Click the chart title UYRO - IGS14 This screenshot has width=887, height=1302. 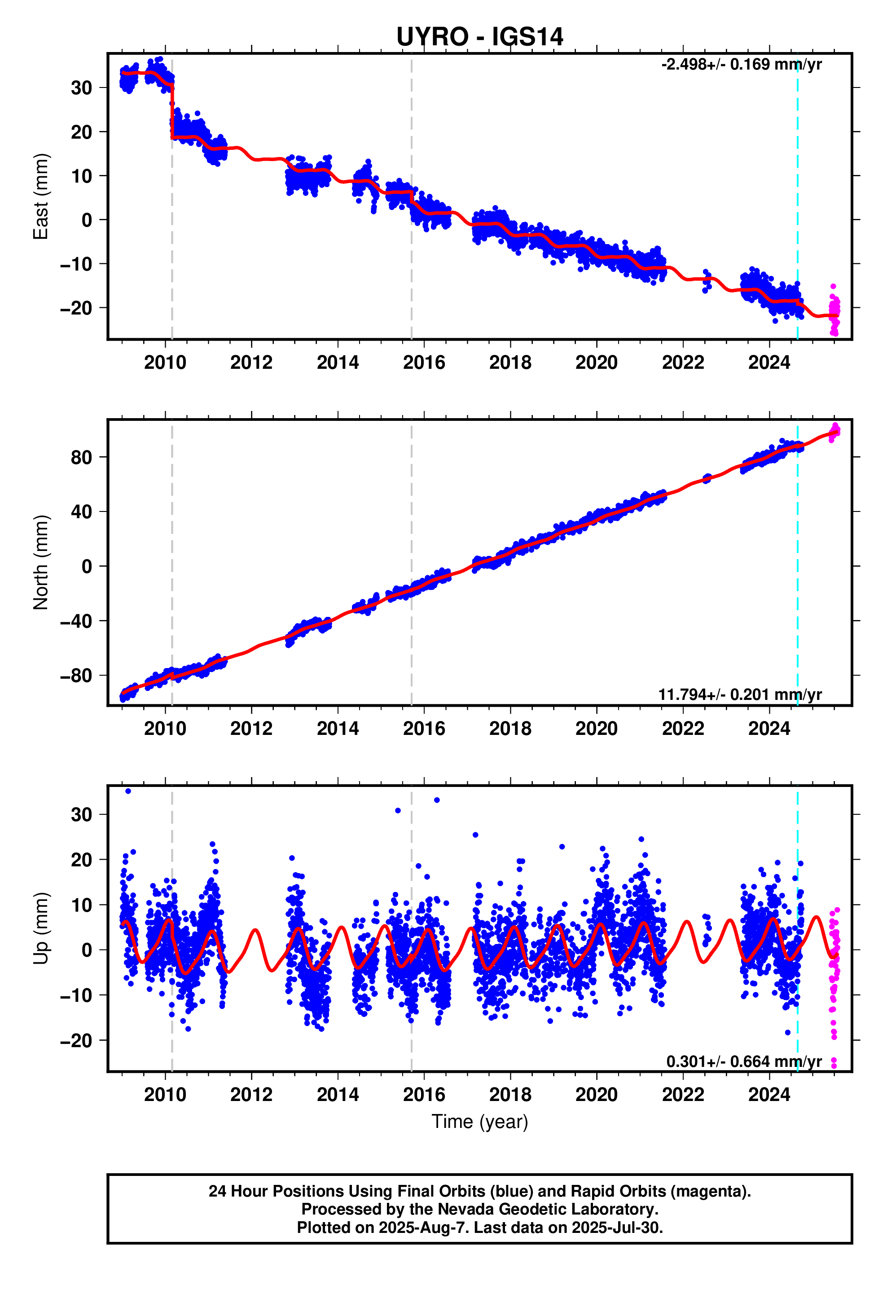pos(479,37)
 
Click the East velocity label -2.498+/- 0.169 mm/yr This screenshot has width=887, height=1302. pos(741,65)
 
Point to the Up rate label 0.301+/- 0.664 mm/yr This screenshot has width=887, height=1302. pos(743,1062)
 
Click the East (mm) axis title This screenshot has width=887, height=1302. pos(41,196)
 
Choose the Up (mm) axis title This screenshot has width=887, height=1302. pos(41,928)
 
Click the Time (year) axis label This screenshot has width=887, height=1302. pos(479,1122)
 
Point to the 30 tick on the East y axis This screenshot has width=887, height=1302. pos(81,88)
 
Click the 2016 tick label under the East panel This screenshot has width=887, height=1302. pos(424,363)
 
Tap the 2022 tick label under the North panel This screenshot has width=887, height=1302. pos(683,729)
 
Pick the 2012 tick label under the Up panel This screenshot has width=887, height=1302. pos(251,1095)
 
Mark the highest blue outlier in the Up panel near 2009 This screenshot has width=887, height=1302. pos(128,791)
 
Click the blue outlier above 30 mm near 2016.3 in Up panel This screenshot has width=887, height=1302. pos(437,800)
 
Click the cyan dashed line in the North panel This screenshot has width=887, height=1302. pos(797,560)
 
